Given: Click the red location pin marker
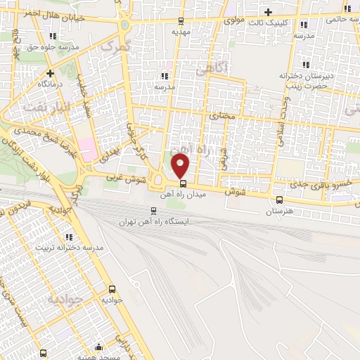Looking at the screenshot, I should click(x=181, y=166).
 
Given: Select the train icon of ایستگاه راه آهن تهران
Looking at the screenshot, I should click(x=154, y=210).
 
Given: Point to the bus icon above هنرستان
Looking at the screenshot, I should click(x=280, y=199).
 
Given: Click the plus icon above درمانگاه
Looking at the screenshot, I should click(x=50, y=72).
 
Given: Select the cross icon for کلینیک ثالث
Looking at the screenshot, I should click(x=268, y=12).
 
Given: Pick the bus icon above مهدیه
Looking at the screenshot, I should click(x=182, y=21).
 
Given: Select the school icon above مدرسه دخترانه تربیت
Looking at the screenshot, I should click(x=69, y=238).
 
